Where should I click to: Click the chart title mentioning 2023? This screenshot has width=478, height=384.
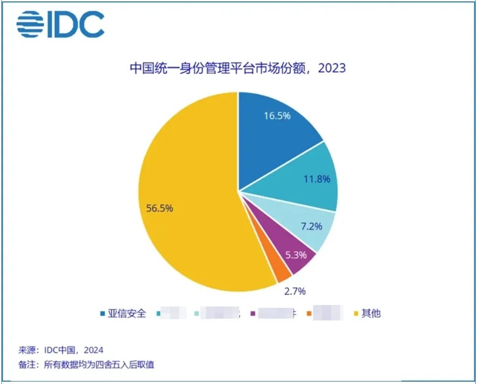click(x=237, y=68)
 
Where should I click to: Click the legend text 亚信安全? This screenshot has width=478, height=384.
click(x=127, y=313)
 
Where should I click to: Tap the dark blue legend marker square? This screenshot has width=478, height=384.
click(x=102, y=313)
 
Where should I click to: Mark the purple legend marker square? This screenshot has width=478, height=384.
click(x=253, y=313)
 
